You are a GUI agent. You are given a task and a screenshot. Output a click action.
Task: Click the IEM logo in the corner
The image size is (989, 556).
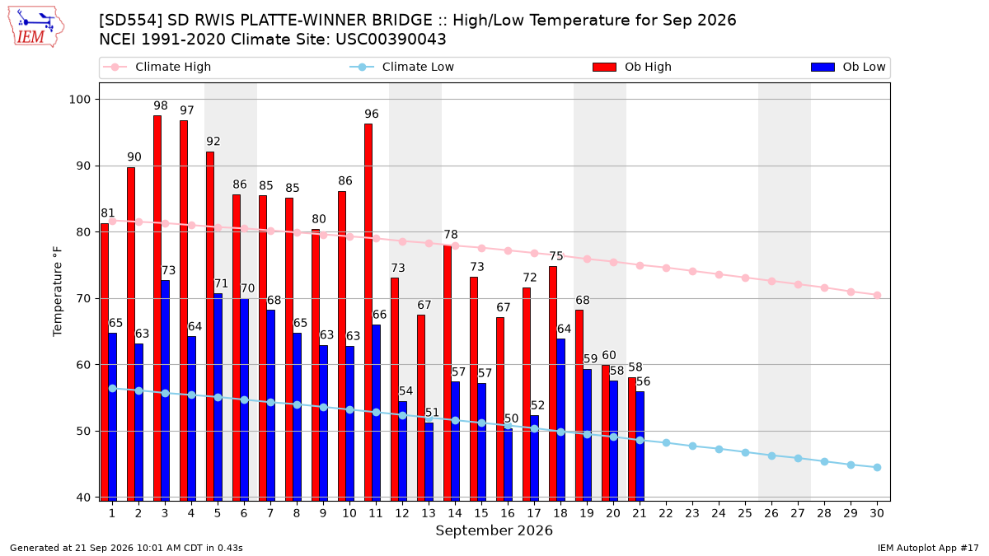point(35,27)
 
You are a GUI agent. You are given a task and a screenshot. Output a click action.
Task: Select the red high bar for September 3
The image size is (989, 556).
point(157,308)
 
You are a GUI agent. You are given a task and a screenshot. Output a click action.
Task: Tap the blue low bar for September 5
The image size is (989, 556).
point(218,397)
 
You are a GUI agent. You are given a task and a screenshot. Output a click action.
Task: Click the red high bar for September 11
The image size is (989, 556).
point(368,312)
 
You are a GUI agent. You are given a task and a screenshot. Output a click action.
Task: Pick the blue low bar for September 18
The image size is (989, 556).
point(560,419)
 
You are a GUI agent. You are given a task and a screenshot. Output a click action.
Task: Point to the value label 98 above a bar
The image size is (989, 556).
point(161,106)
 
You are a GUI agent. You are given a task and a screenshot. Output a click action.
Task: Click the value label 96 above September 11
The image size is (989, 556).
point(372,114)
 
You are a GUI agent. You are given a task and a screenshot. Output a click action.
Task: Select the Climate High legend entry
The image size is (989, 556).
point(157,67)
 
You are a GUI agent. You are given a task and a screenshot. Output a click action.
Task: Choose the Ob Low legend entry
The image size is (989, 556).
point(848,67)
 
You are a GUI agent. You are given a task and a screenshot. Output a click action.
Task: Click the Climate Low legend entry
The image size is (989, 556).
point(402,67)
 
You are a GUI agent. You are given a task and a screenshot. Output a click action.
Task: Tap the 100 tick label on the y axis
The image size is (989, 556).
point(79,100)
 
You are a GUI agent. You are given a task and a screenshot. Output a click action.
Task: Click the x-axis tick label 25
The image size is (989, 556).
point(745,513)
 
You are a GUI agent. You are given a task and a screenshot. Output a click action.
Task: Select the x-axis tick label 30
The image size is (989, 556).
point(877,513)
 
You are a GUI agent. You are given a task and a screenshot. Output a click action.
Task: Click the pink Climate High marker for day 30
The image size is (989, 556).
point(877,295)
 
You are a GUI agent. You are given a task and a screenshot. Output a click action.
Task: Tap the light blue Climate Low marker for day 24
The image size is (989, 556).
point(719,449)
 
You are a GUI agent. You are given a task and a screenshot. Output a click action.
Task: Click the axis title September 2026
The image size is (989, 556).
point(494,530)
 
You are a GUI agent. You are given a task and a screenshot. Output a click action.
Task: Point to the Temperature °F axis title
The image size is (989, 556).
point(58,292)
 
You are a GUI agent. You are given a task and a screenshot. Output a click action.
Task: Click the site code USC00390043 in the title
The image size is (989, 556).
point(391,40)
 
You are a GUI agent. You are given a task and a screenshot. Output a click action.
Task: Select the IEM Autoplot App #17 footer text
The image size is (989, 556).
point(928,548)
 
